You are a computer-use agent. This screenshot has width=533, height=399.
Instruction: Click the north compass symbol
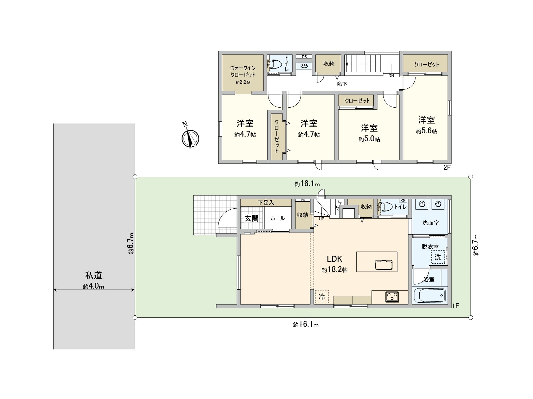pos(190,137)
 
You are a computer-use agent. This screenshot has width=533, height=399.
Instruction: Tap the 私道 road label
pos(93,275)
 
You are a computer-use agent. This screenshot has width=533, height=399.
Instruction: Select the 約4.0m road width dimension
pos(93,286)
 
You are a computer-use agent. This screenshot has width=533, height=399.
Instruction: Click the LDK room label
pos(334,259)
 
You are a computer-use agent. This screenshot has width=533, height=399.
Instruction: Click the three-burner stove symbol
pos(392,296)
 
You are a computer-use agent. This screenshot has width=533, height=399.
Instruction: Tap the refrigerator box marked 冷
pos(322,296)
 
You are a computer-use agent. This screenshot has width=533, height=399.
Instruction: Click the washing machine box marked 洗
pos(438,257)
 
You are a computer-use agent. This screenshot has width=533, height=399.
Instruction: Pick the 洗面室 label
pos(431,223)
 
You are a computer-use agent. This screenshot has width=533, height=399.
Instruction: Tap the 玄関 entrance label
pos(252,218)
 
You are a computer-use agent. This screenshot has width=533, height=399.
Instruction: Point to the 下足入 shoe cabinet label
pos(266,202)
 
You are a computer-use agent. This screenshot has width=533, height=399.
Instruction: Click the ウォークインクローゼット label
pos(243,71)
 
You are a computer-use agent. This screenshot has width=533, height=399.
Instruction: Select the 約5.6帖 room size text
pos(426,131)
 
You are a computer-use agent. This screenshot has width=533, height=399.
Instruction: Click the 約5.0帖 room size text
pos(369,139)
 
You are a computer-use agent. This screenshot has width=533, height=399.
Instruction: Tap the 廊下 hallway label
pos(342,84)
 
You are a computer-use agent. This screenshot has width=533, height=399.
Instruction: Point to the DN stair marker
pos(391,76)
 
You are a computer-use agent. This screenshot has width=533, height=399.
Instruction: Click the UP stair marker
pos(321,219)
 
